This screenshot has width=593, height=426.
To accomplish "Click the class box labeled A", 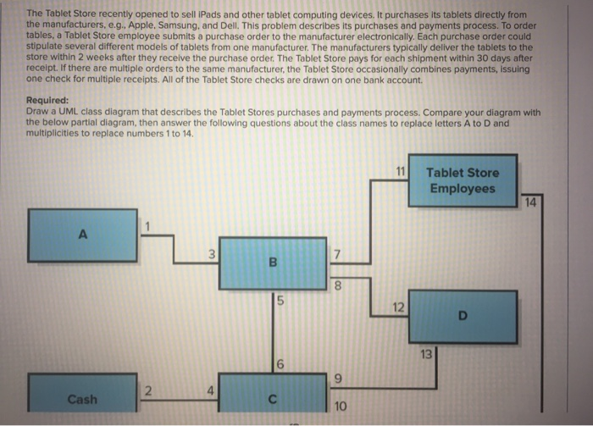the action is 82,235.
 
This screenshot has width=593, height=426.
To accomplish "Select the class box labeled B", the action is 273,263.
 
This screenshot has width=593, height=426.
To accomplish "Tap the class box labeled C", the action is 273,393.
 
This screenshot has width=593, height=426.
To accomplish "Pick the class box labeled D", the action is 463,317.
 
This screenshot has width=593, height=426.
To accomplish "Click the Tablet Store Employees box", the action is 463,180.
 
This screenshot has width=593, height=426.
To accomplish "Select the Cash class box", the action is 82,393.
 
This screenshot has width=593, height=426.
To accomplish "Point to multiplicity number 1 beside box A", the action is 147,226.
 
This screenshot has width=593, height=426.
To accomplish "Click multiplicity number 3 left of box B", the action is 212,254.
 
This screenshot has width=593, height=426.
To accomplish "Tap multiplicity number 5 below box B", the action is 280,301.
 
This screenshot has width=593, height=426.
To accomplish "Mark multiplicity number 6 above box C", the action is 280,364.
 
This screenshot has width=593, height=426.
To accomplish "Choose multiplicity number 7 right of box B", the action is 336,255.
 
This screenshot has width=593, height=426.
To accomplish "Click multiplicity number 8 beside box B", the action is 338,285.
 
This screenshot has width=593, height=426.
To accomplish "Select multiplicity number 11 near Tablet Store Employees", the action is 401,172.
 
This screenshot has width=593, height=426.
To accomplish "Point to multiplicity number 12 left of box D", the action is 398,307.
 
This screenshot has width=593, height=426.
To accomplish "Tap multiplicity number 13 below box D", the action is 426,354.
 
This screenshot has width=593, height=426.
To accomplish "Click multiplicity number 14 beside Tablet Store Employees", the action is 530,202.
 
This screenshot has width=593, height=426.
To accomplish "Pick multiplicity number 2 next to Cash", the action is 148,390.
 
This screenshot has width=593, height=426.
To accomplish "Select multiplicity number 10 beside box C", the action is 340,407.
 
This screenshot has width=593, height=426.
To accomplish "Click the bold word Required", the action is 47,100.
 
